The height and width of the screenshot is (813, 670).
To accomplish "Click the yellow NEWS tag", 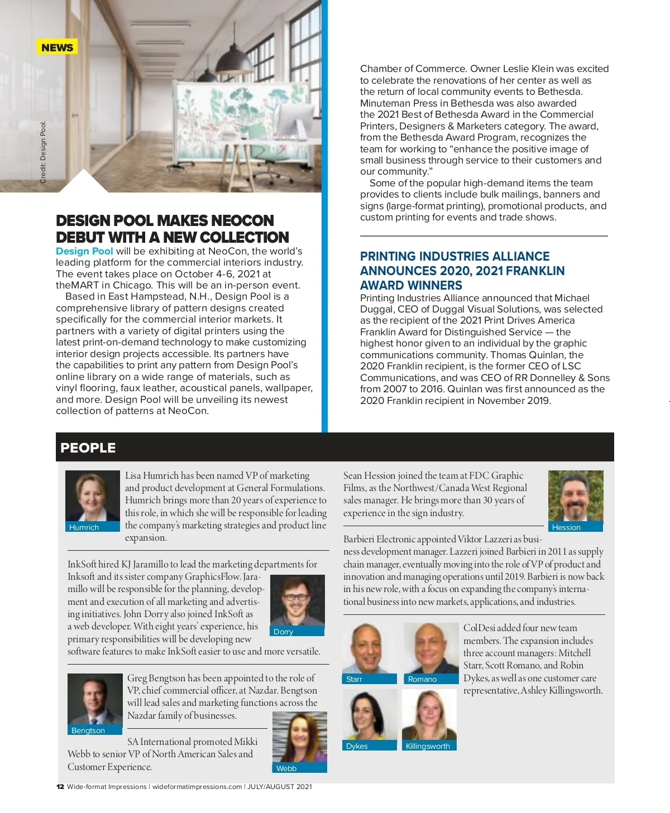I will (x=57, y=47).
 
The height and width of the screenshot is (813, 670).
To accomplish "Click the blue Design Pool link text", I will (x=84, y=251).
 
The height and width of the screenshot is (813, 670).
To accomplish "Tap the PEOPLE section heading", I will (x=88, y=448).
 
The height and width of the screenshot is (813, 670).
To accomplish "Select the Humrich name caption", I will (x=84, y=527).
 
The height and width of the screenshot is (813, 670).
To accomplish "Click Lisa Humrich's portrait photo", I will (x=92, y=496).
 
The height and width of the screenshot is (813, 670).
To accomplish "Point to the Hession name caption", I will (x=566, y=527).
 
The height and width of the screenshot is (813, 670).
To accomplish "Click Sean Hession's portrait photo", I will (x=576, y=496).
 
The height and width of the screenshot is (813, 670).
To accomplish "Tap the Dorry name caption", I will (x=284, y=632).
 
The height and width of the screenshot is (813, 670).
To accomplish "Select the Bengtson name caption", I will (x=88, y=730).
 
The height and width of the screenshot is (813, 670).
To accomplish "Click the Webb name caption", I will (x=286, y=768).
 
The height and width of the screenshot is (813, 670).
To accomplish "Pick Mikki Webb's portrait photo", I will (x=300, y=737).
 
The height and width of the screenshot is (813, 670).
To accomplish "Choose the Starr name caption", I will (x=355, y=679).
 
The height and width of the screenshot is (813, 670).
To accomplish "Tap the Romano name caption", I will (x=422, y=679).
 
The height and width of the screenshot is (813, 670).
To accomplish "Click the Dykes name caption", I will (x=357, y=746).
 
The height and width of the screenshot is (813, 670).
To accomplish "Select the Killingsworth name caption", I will (x=428, y=746).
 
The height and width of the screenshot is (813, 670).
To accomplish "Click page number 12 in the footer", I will (x=60, y=787).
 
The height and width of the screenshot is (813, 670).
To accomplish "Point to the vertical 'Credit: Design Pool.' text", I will (x=43, y=152).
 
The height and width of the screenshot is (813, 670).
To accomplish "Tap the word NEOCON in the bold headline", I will (x=242, y=220).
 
